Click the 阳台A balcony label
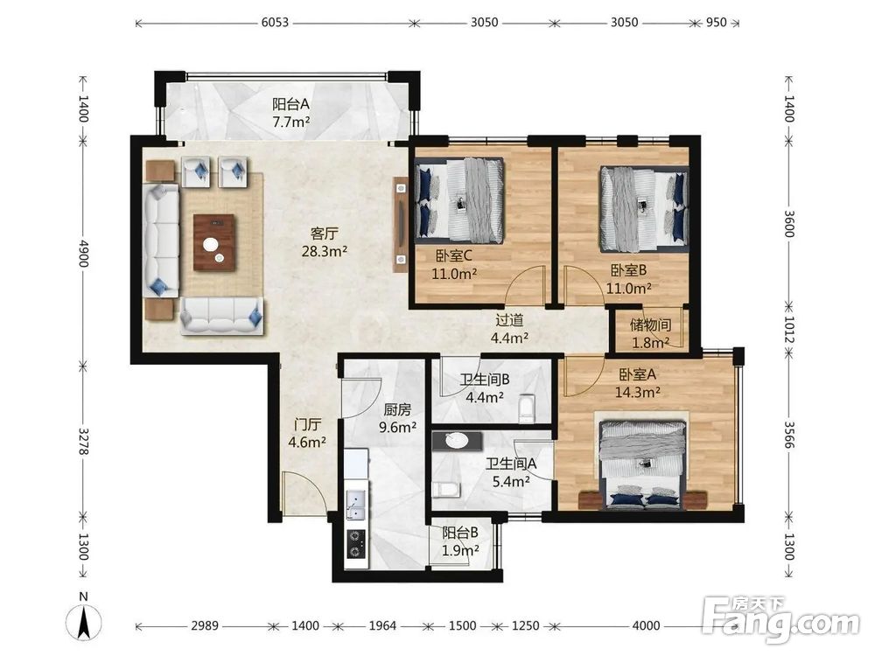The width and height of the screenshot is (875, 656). (x=290, y=104)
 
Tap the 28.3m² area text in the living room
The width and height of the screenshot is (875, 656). (x=325, y=251)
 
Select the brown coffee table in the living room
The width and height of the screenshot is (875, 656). (x=214, y=242)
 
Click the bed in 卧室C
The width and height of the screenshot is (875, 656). (x=458, y=200)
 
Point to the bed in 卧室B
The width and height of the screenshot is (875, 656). (x=644, y=209)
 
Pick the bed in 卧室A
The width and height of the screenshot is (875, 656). (x=641, y=464)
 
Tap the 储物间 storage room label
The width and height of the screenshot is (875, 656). (x=650, y=325)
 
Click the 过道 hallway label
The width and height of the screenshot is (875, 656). (x=509, y=320)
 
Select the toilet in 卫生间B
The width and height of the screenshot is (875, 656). (x=526, y=408)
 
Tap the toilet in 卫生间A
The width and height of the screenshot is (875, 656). (x=446, y=490)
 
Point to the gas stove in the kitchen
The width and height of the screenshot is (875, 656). (x=356, y=544)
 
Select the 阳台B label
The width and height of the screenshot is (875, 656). (x=460, y=533)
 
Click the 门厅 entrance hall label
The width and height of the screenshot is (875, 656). (x=307, y=424)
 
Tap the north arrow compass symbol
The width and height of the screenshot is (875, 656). (x=84, y=620)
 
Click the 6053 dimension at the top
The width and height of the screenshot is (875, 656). (x=275, y=23)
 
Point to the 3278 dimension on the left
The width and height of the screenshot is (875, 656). (x=83, y=441)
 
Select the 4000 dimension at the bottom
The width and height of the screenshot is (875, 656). (x=647, y=626)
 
